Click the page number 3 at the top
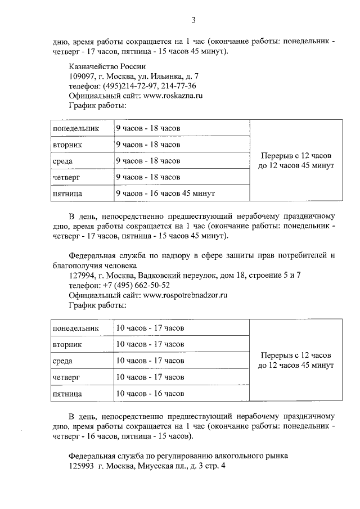[193, 21]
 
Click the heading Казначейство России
[103, 66]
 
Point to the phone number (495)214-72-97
[130, 85]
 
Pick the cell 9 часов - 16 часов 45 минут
[165, 193]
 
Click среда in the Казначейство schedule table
[62, 161]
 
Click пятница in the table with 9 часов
[67, 194]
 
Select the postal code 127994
[82, 274]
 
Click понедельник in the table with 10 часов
[75, 328]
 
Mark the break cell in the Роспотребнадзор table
[296, 360]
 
